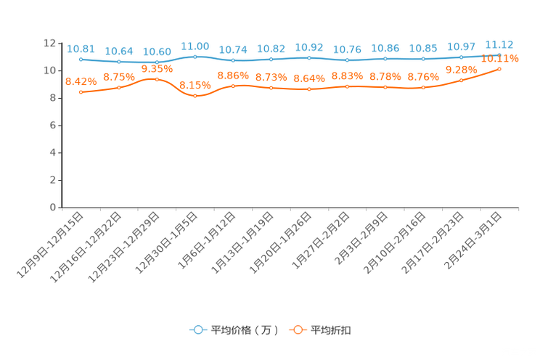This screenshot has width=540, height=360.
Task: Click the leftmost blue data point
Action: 81,59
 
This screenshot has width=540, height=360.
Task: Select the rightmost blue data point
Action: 499,54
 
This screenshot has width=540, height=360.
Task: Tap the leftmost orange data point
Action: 81,92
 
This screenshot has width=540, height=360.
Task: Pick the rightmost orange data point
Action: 499,68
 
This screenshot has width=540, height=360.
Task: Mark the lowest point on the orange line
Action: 195,96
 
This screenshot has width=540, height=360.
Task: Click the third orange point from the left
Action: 157,78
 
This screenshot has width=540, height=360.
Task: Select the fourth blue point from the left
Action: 195,56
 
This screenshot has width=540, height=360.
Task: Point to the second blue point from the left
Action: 119,62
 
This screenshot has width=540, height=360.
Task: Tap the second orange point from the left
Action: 119,87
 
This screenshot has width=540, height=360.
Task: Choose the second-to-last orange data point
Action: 462,80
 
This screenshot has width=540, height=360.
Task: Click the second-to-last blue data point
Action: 462,57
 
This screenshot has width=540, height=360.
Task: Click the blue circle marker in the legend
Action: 197,330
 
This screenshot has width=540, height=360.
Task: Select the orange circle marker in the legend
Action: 298,330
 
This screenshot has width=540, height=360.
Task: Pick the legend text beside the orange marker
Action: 331,330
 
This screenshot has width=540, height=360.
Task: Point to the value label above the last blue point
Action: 499,43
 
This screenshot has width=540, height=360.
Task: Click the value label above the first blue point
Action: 81,48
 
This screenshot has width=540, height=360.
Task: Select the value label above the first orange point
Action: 81,81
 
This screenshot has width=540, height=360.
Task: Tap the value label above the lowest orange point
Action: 195,85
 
